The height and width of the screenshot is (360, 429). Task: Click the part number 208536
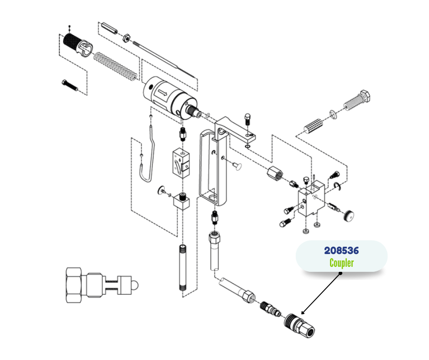(x=341, y=250)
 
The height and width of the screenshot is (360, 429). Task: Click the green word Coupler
(x=341, y=263)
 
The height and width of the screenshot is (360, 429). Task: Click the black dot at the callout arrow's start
(x=340, y=274)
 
